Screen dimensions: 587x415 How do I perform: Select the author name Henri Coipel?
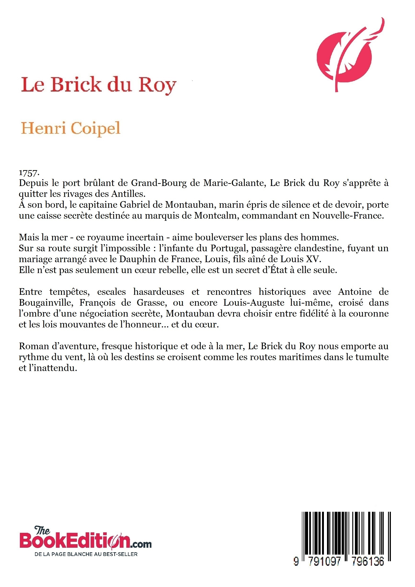(70, 128)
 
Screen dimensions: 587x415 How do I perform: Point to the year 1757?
(29, 173)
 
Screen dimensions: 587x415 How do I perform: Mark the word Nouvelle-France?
(348, 216)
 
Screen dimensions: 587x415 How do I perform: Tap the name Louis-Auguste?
(254, 303)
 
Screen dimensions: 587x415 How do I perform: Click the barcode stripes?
(346, 532)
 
